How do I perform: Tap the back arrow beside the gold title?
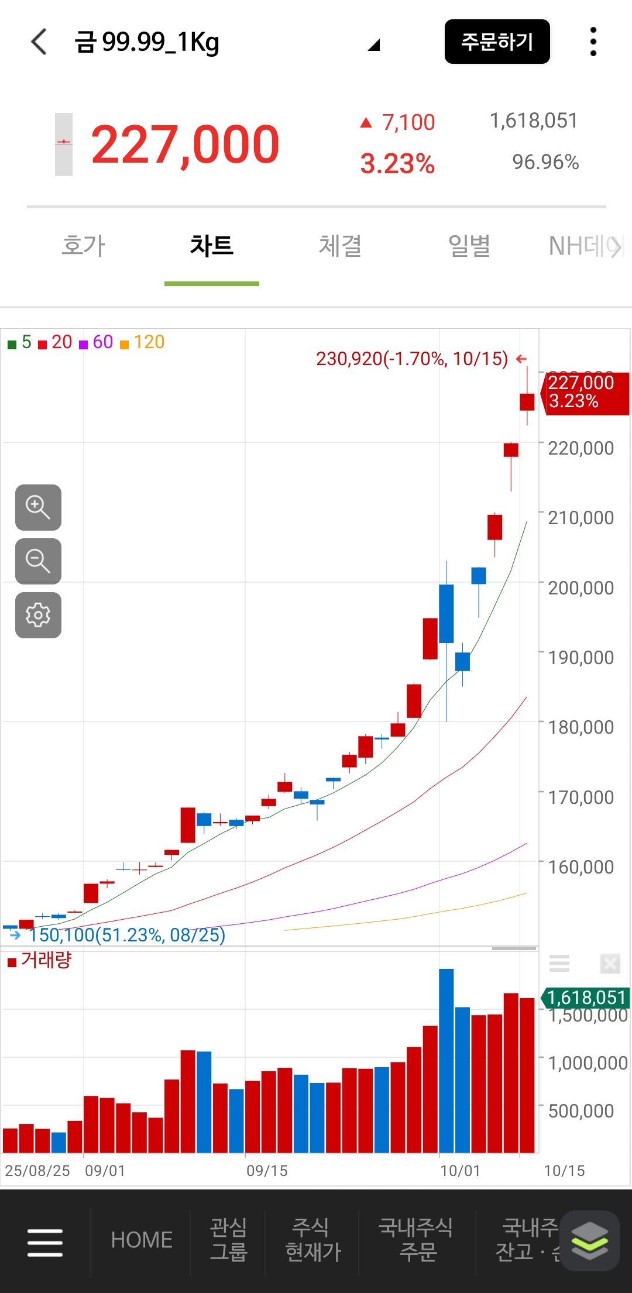click(39, 42)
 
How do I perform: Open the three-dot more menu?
click(593, 42)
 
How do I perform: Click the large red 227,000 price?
click(185, 145)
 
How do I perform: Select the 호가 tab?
click(83, 246)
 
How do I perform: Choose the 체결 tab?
click(340, 246)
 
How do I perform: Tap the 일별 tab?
click(469, 246)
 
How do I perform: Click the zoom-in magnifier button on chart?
click(38, 507)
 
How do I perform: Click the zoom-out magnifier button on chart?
click(38, 561)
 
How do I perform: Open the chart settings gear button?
click(38, 615)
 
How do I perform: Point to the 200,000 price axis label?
click(581, 587)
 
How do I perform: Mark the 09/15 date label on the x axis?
click(267, 1171)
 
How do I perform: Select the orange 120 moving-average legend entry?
click(142, 342)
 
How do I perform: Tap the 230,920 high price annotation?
click(412, 359)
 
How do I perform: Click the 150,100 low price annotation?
click(126, 935)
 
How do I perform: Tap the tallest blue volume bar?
click(446, 1061)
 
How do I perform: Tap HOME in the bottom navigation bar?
click(142, 1240)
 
